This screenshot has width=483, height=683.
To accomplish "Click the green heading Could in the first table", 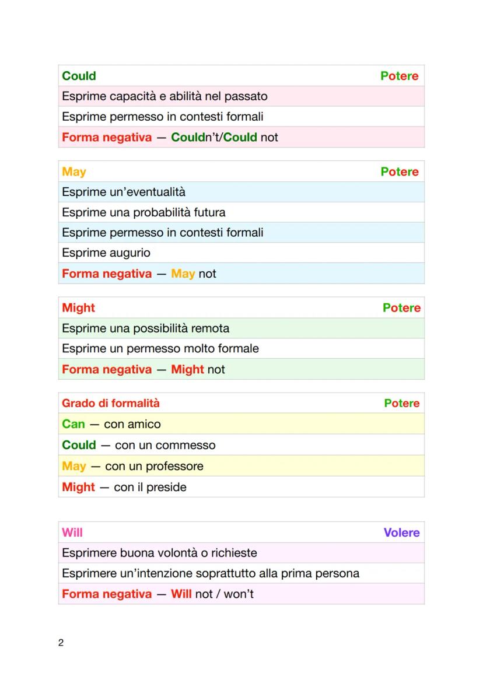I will pyautogui.click(x=79, y=76).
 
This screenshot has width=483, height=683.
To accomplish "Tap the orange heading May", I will pyautogui.click(x=73, y=171).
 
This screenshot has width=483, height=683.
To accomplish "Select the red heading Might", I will pyautogui.click(x=78, y=307).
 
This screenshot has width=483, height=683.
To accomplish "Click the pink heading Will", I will pyautogui.click(x=72, y=532).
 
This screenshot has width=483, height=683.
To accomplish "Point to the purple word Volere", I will pyautogui.click(x=401, y=532).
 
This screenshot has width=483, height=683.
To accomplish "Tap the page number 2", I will pyautogui.click(x=61, y=643).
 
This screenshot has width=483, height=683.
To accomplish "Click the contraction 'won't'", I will pyautogui.click(x=239, y=594).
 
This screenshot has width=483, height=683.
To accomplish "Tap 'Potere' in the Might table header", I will pyautogui.click(x=401, y=307).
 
